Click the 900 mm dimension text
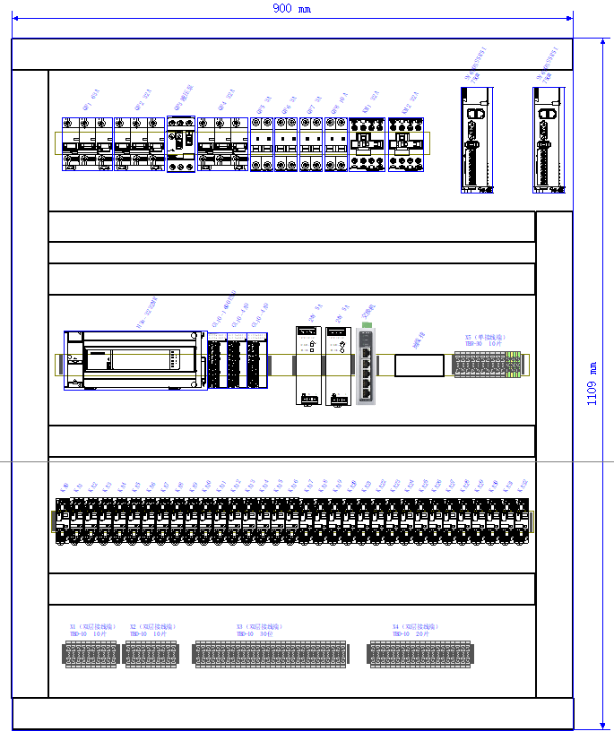(286, 8)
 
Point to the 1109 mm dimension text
(592, 383)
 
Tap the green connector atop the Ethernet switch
(368, 323)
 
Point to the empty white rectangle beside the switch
(419, 366)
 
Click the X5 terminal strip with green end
(489, 365)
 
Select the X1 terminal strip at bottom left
(91, 654)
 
